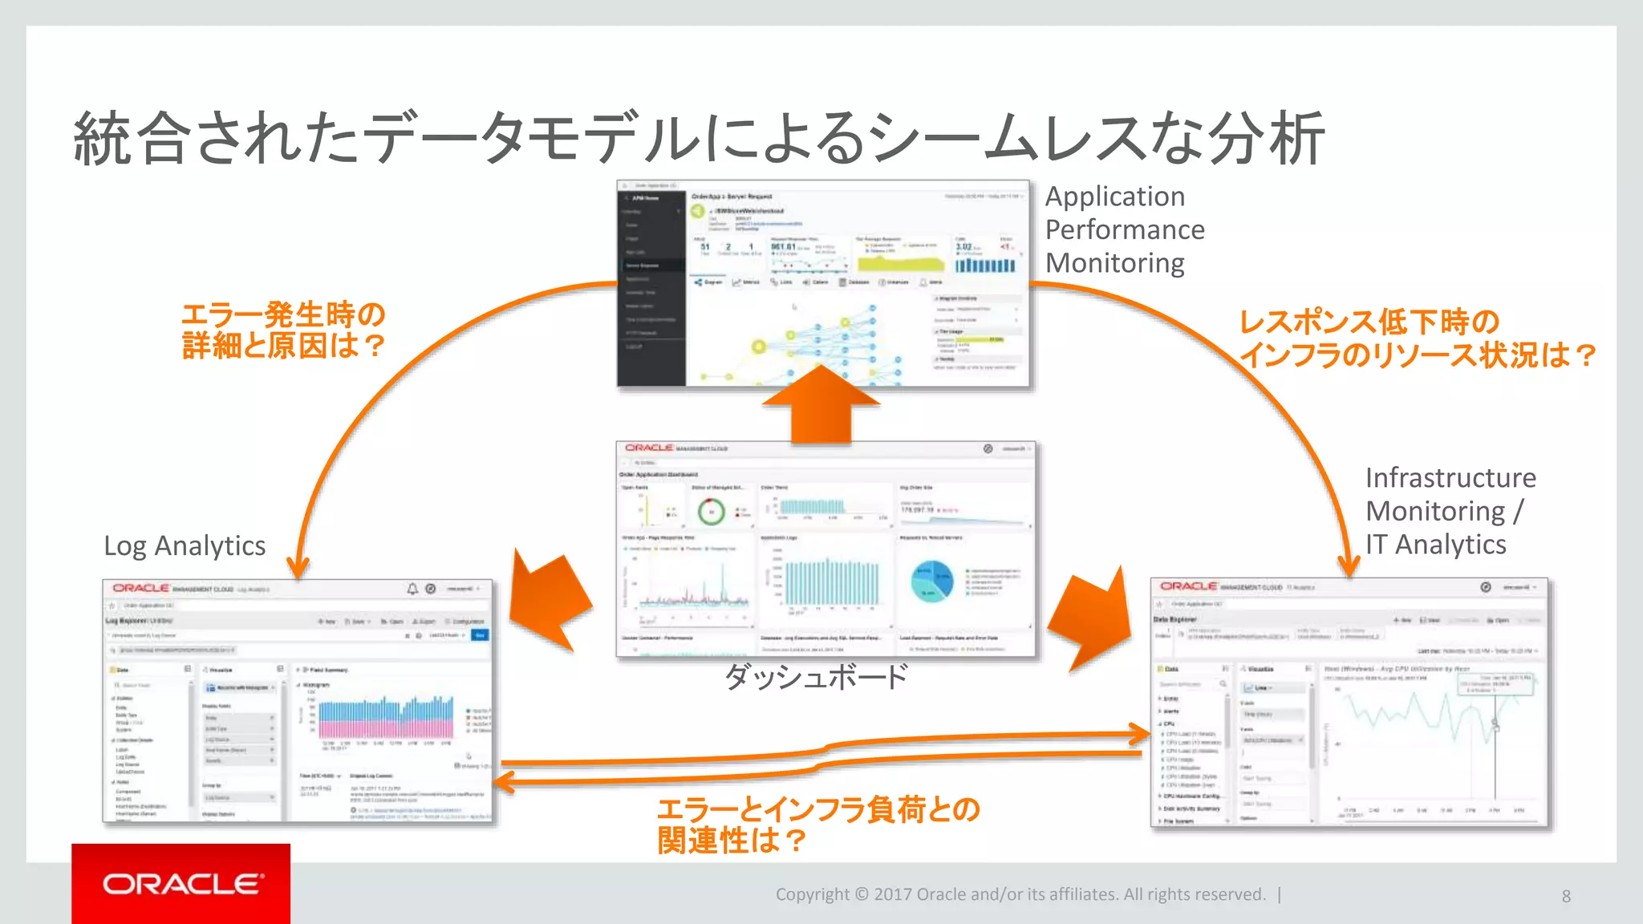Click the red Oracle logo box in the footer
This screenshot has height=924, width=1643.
pyautogui.click(x=181, y=883)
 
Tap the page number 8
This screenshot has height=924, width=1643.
pyautogui.click(x=1566, y=896)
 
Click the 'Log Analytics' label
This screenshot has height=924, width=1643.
pyautogui.click(x=185, y=546)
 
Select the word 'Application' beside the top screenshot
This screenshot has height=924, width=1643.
pyautogui.click(x=1114, y=197)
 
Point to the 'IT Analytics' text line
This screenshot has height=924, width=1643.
pyautogui.click(x=1435, y=545)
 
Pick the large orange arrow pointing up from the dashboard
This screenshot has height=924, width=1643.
pyautogui.click(x=821, y=405)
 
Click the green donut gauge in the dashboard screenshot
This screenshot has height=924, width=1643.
pyautogui.click(x=711, y=511)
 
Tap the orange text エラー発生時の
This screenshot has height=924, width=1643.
pyautogui.click(x=283, y=314)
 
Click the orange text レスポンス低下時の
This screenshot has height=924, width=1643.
pyautogui.click(x=1369, y=322)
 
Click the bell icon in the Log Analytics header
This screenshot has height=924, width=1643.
pyautogui.click(x=412, y=589)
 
